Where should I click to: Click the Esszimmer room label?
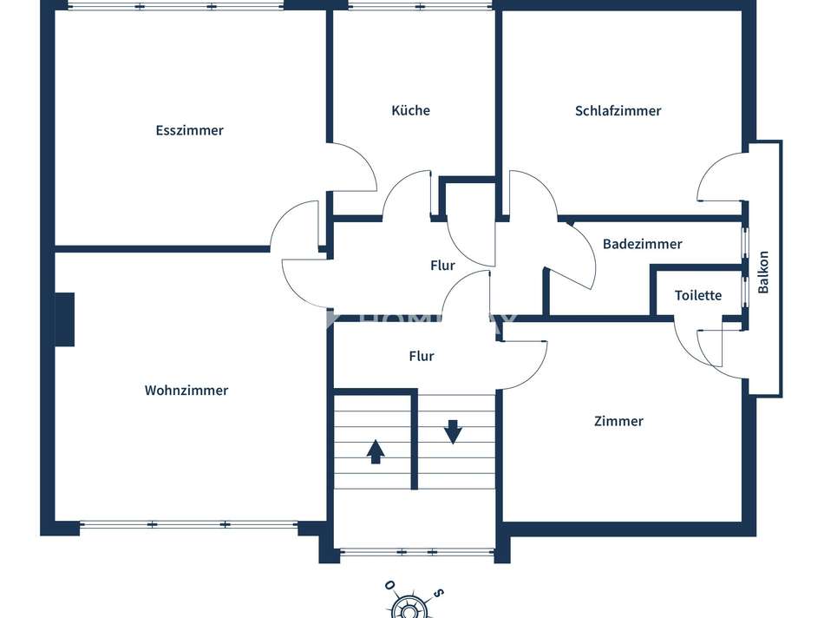(x=189, y=130)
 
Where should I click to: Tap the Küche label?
(x=410, y=110)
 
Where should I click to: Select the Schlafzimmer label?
(x=618, y=110)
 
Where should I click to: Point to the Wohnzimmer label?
(x=186, y=391)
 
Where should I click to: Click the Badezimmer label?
(x=642, y=244)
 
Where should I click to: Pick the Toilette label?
(x=698, y=295)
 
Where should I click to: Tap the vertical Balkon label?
(x=763, y=272)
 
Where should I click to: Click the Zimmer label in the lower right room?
(x=618, y=421)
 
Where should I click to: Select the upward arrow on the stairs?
(x=375, y=451)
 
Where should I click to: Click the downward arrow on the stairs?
(x=453, y=431)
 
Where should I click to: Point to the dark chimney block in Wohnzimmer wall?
(x=64, y=319)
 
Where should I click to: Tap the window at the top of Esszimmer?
(x=175, y=6)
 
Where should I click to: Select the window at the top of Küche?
(x=420, y=6)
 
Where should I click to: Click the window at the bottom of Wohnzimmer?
(x=188, y=524)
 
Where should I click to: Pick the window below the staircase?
(x=416, y=551)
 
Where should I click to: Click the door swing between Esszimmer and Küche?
(x=354, y=168)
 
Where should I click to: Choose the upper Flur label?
(x=442, y=266)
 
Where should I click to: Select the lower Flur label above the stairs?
(x=422, y=356)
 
